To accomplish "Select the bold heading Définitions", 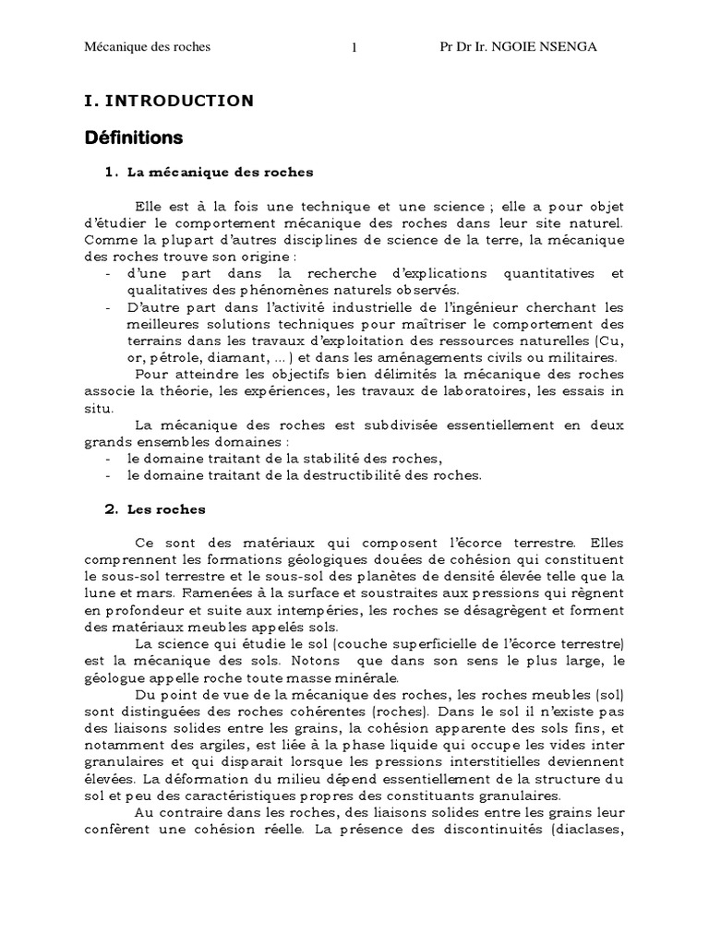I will tap(134, 138).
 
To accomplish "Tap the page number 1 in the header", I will tap(354, 49).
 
